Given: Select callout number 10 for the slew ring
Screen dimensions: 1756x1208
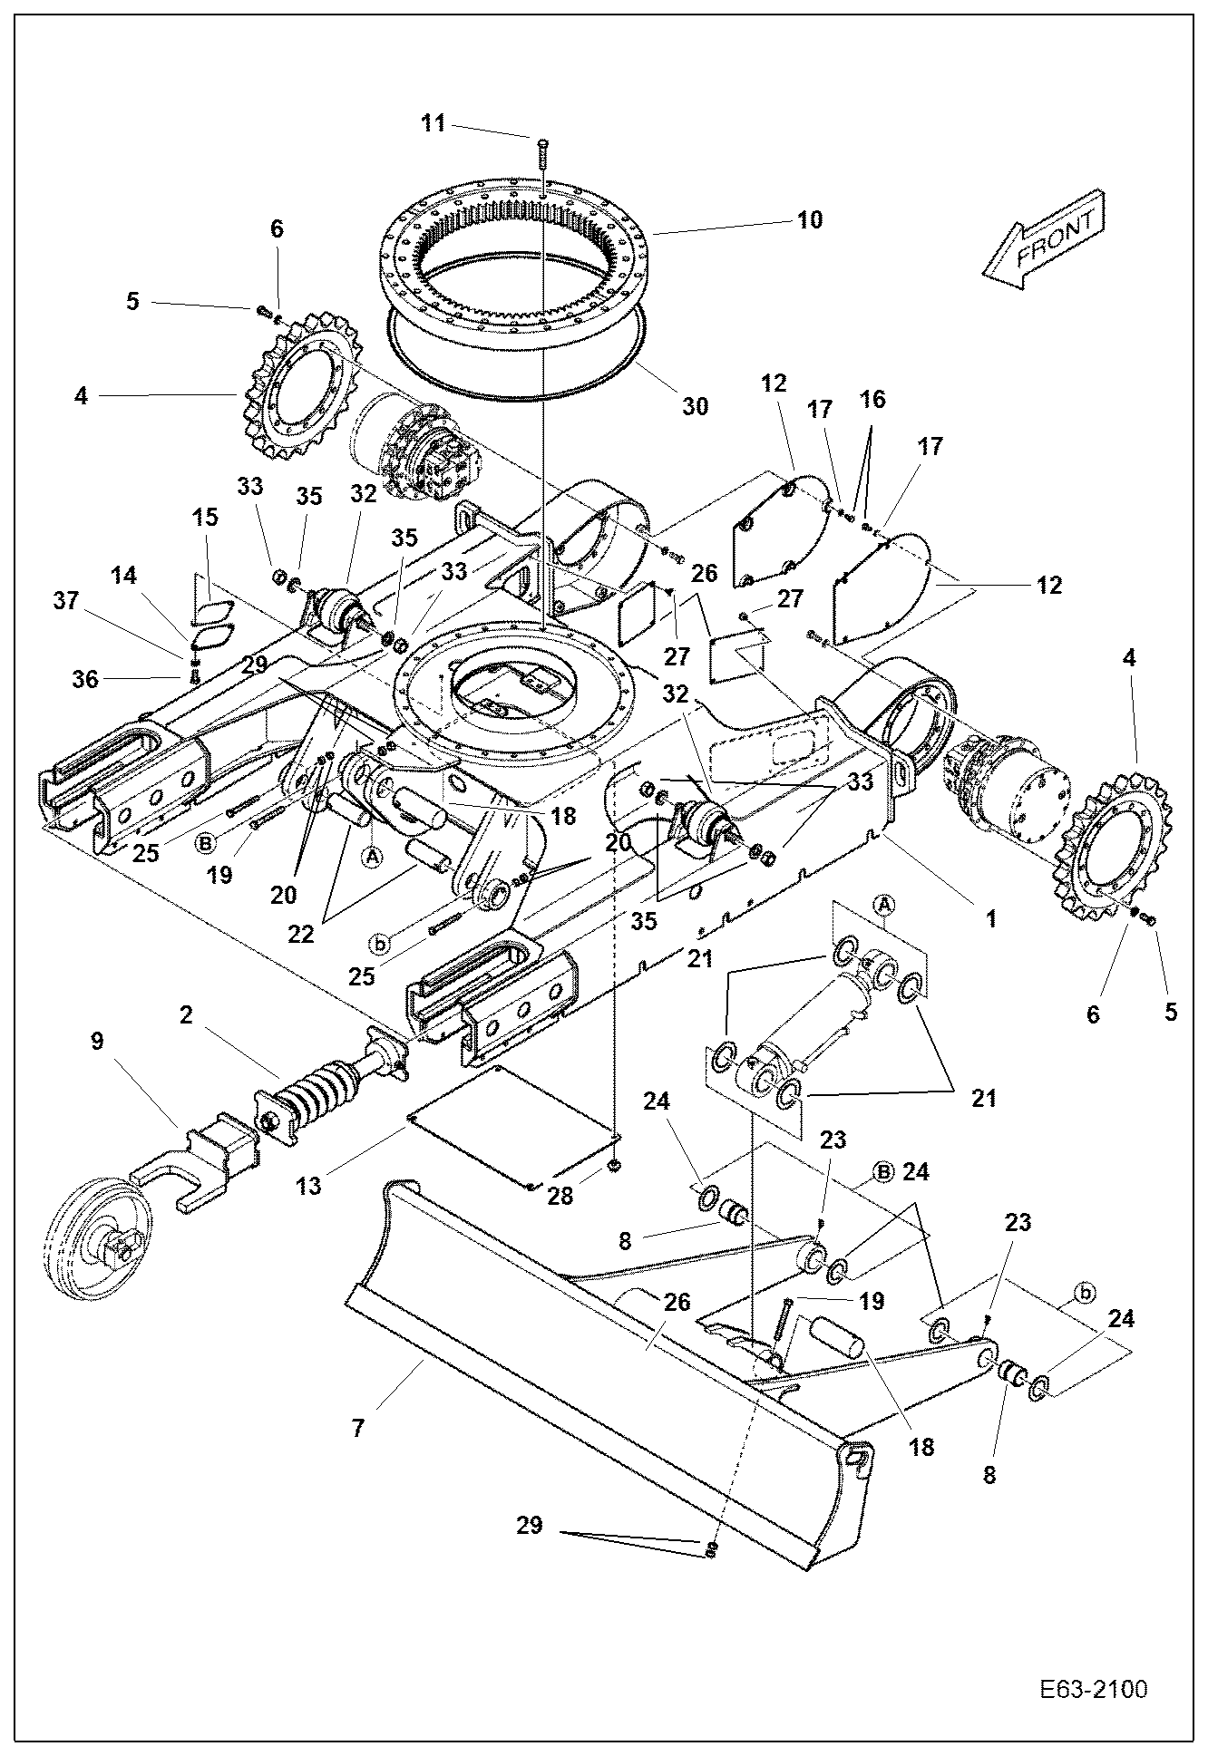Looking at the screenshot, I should point(810,219).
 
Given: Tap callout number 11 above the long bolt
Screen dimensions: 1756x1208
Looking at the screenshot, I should point(434,123).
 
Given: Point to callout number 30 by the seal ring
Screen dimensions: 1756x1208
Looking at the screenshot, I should point(695,406).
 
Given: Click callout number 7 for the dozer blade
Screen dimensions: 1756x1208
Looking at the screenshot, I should point(358,1429).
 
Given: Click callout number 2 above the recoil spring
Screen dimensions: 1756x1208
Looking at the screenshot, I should point(186,1015).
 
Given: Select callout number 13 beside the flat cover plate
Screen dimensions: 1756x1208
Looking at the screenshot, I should point(309,1186).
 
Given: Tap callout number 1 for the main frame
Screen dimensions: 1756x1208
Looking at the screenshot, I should point(991,918).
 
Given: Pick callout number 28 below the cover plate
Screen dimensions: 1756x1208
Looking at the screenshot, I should point(560,1196).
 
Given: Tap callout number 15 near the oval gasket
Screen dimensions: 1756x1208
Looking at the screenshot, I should point(205,518).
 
